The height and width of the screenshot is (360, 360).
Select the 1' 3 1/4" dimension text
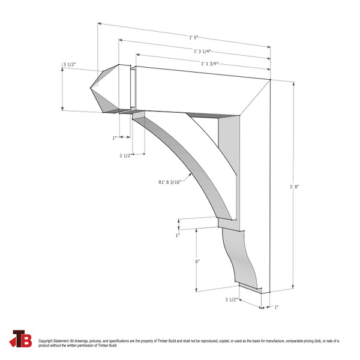(x=205, y=51)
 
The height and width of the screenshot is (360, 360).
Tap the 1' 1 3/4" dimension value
(x=209, y=63)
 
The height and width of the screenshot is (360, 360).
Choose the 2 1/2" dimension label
(x=127, y=156)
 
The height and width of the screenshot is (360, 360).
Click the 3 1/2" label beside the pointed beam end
(x=70, y=64)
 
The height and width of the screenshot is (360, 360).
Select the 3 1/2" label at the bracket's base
(x=232, y=299)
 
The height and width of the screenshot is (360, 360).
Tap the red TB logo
(x=22, y=339)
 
